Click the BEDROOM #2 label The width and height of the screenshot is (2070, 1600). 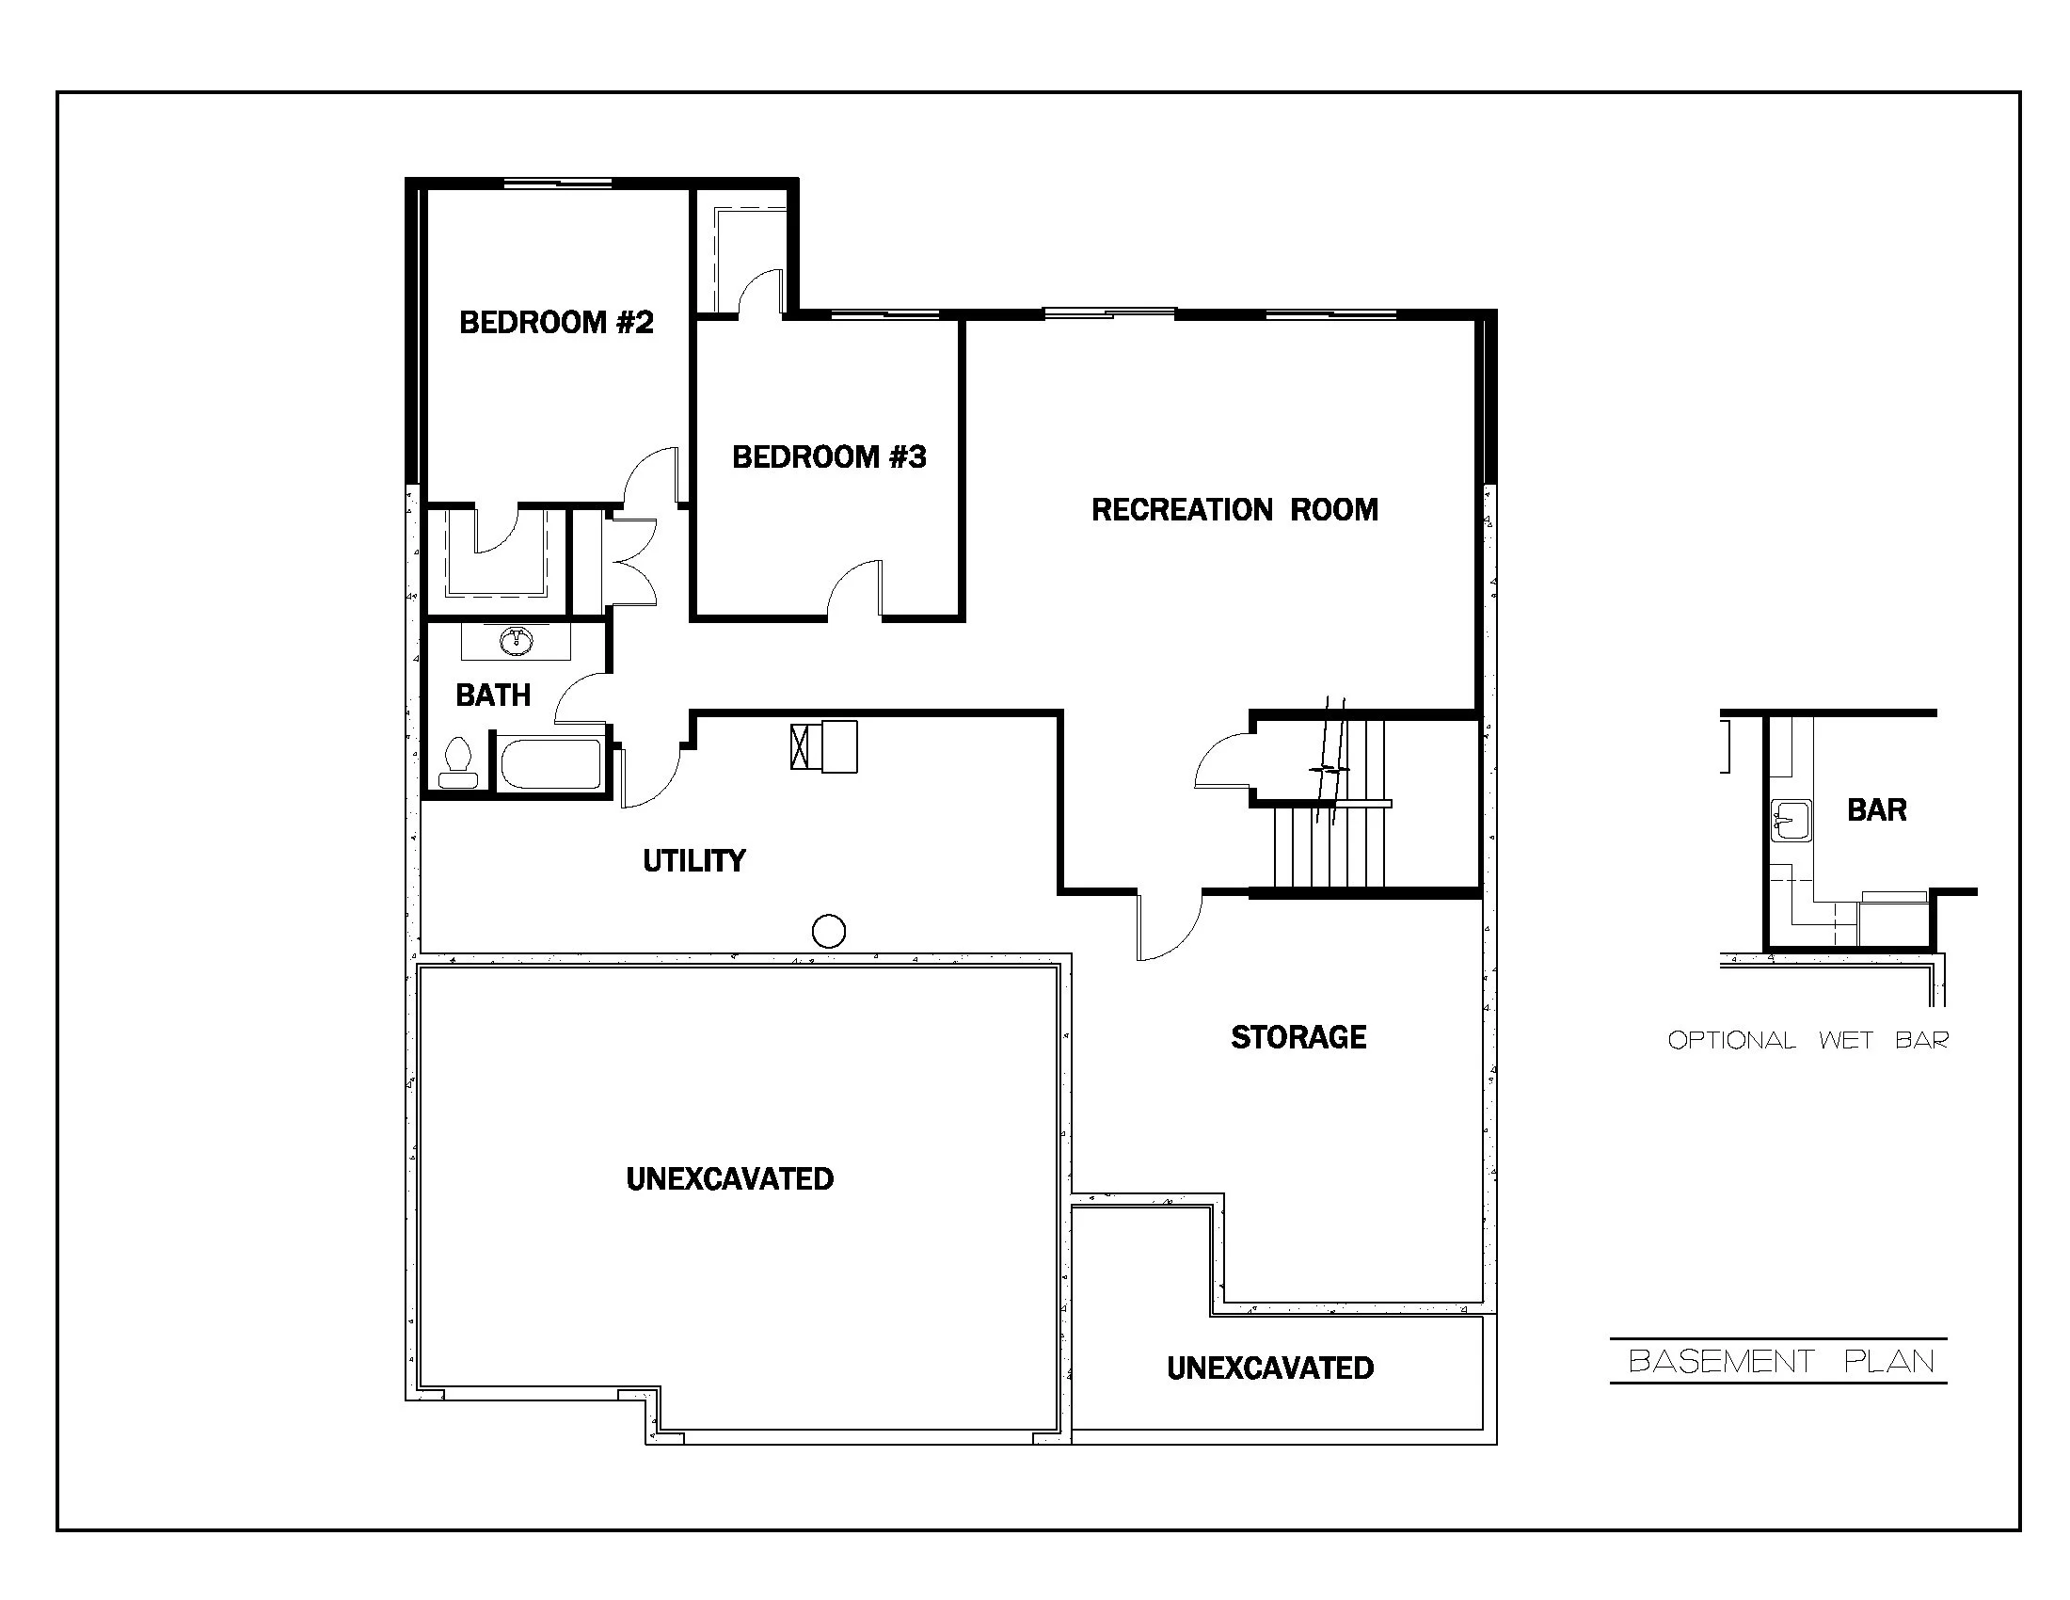tap(556, 323)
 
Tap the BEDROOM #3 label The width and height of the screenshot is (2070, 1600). tap(828, 457)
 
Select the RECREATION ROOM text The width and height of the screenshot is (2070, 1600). tap(1234, 510)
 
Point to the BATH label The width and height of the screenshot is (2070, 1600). tap(493, 696)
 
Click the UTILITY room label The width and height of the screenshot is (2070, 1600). tap(693, 860)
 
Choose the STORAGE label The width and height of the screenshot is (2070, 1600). tap(1298, 1037)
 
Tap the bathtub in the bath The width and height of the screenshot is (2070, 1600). tap(550, 764)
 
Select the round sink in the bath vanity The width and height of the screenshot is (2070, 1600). tap(516, 641)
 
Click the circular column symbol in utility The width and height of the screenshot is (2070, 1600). tap(828, 931)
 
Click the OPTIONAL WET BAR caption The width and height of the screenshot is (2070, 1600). tap(1807, 1041)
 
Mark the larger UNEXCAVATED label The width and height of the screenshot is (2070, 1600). tap(730, 1179)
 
